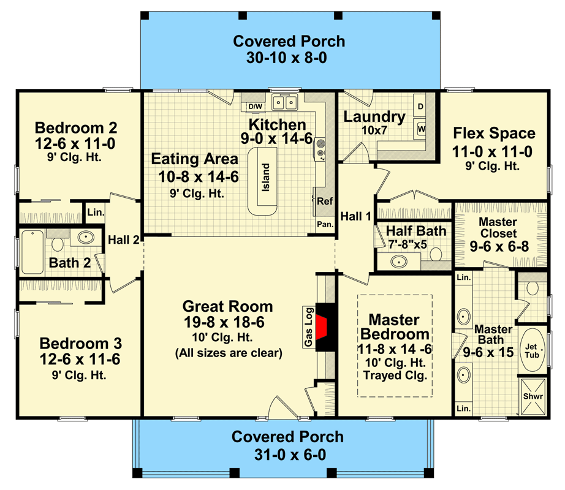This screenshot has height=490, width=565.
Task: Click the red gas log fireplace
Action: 322,327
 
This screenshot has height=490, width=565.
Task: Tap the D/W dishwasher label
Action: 255,107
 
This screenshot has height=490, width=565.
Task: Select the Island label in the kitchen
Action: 265,177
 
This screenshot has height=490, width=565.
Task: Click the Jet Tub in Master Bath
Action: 532,350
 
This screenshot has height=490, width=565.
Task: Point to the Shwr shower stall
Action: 533,396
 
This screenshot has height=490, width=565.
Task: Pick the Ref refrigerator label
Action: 325,201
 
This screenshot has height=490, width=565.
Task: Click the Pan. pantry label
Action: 325,224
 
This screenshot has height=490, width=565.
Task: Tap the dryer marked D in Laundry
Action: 420,106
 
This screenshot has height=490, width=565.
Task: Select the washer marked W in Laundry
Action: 420,129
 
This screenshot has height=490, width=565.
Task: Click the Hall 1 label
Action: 355,216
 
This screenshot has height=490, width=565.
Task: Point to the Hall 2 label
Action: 124,239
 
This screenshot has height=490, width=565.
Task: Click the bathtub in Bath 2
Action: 32,252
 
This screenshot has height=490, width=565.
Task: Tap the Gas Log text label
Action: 308,327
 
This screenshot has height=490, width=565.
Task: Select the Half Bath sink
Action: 399,261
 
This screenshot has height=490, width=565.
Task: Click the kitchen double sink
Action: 285,103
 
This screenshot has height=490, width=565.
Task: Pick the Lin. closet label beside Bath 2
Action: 96,213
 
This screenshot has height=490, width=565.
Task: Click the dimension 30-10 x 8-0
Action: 286,58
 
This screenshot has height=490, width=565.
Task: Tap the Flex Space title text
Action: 494,133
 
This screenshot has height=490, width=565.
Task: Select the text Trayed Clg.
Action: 395,375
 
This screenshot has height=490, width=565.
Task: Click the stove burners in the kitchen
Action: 320,149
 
